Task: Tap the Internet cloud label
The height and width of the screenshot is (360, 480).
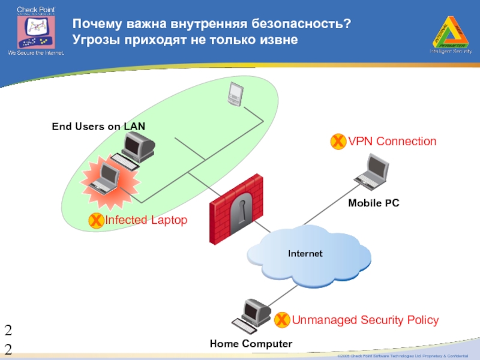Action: tap(305, 254)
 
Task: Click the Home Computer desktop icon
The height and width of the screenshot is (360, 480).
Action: tap(252, 316)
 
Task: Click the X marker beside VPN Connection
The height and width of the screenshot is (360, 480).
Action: tap(338, 142)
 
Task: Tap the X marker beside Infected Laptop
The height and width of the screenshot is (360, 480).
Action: tap(95, 221)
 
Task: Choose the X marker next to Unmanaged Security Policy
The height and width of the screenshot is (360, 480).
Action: tap(281, 320)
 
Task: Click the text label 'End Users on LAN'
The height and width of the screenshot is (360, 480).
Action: tap(98, 126)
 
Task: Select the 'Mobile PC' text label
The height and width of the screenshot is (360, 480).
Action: tap(373, 203)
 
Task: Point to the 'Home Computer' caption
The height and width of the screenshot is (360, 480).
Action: tap(251, 344)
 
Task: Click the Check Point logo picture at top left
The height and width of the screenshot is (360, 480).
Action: tap(35, 31)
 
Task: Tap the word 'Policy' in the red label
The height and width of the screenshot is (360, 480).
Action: tap(422, 320)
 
